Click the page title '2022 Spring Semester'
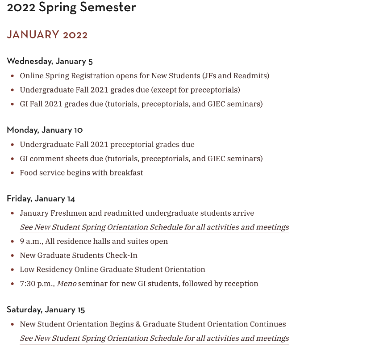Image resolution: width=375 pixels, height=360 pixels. pyautogui.click(x=71, y=8)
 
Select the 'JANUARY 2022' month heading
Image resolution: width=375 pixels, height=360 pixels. pyautogui.click(x=47, y=35)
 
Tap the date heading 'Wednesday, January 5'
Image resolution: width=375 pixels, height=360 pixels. pyautogui.click(x=50, y=61)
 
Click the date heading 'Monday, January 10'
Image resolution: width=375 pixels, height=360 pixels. pyautogui.click(x=45, y=130)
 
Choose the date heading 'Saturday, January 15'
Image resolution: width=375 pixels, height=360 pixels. pyautogui.click(x=46, y=310)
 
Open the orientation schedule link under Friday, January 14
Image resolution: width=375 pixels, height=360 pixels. pyautogui.click(x=154, y=227)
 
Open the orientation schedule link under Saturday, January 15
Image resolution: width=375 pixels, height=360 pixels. pyautogui.click(x=154, y=338)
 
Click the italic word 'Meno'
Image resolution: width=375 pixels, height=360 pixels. pyautogui.click(x=67, y=284)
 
